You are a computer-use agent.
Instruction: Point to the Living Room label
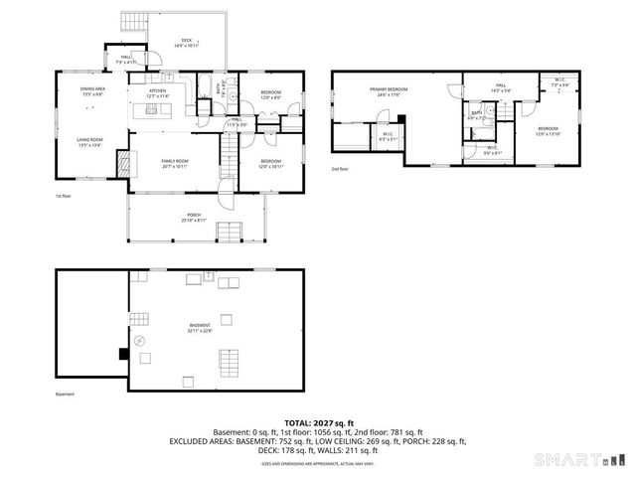[x=92, y=140]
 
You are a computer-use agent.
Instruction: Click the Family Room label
[x=175, y=162]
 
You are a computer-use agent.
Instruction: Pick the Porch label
[x=194, y=217]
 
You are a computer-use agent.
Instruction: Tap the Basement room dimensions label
[x=202, y=331]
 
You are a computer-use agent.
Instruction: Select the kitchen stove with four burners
[x=152, y=109]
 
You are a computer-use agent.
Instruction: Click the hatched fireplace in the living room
[x=123, y=162]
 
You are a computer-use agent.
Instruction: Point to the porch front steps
[x=230, y=234]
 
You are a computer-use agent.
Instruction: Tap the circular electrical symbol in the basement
[x=140, y=341]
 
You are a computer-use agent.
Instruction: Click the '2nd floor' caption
[x=341, y=169]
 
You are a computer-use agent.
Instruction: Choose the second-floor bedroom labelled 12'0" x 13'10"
[x=549, y=131]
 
